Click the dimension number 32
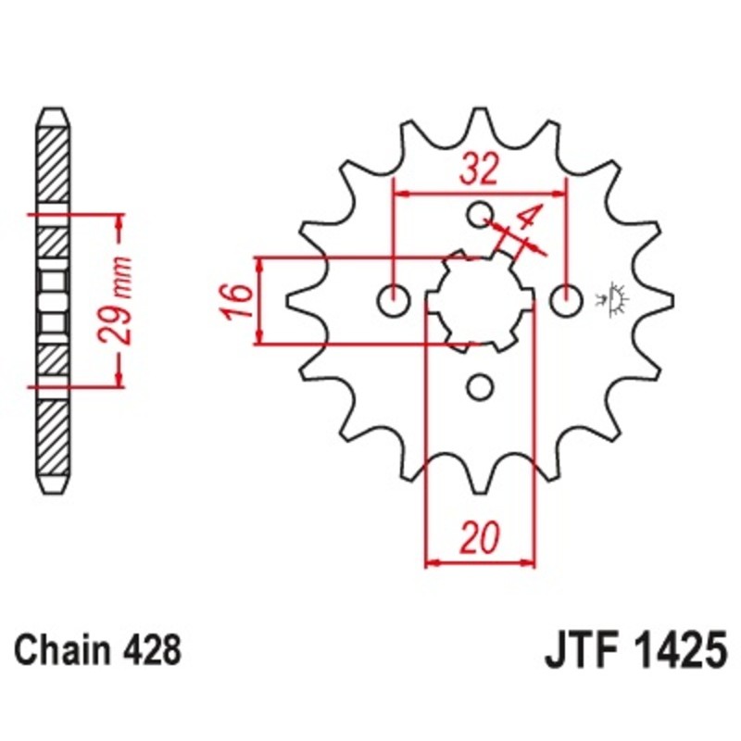[480, 169]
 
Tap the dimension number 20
[479, 537]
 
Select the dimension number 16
[237, 301]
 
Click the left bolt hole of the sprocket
[394, 300]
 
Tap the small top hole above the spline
[479, 215]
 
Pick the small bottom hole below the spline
[479, 385]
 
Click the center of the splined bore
[479, 300]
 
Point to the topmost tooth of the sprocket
[479, 120]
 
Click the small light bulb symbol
[614, 299]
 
